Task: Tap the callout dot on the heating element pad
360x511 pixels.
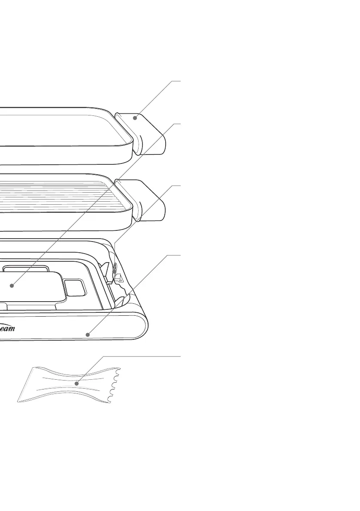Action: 12,285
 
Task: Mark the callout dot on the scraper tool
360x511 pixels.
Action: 77,383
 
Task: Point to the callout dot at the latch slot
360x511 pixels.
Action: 114,272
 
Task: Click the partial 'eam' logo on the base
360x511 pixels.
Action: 7,329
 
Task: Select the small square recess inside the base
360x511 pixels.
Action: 75,287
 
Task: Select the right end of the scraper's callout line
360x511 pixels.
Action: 180,356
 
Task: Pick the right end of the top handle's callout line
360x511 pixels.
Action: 180,80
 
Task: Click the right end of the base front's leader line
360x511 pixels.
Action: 180,255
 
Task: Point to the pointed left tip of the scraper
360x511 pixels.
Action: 18,401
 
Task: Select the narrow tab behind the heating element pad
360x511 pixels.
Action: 25,269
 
